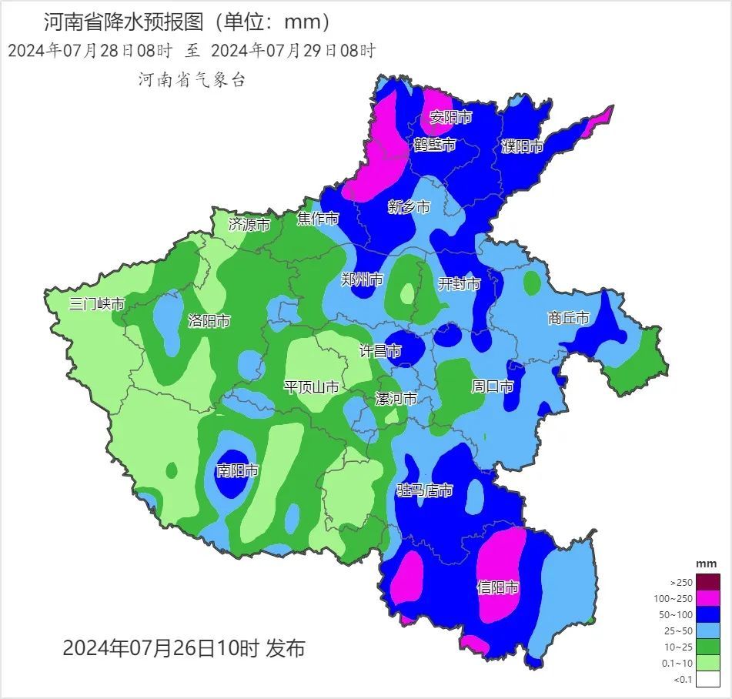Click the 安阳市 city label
point(450,117)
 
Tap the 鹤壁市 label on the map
point(434,145)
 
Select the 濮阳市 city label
point(522,146)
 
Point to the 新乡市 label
point(409,206)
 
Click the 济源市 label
point(249,225)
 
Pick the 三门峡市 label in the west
point(96,303)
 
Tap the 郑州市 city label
point(362,279)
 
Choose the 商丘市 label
point(568,318)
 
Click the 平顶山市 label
point(311,386)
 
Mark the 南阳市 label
point(237,470)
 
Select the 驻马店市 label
point(425,490)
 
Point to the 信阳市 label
point(498,588)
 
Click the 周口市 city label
point(493,386)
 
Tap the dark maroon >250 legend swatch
point(710,582)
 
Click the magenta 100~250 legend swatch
point(710,598)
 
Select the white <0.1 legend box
point(710,678)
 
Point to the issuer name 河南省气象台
point(192,80)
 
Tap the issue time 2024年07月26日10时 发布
point(183,648)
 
